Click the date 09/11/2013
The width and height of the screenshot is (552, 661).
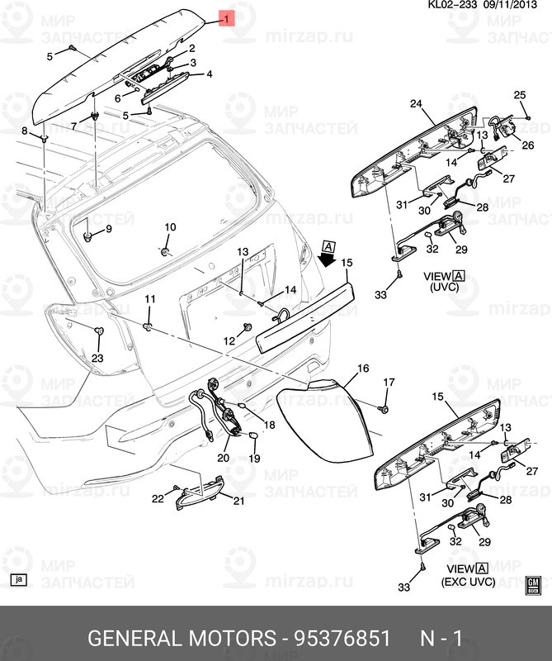coord(514,5)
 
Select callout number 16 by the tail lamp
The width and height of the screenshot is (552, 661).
coord(363,368)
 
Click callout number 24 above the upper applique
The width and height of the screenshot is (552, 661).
coord(416,104)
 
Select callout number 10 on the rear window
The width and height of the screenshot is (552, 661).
coord(170,227)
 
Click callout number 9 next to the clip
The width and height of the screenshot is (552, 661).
coord(107,229)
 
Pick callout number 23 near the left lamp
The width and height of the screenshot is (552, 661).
coord(97,358)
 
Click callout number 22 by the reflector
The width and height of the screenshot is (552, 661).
coord(158,498)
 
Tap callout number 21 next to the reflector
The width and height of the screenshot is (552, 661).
coord(238,502)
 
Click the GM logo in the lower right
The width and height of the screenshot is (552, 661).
coord(533,585)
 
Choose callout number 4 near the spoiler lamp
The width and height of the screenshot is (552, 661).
coord(209,74)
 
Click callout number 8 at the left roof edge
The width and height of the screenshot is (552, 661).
coord(24,131)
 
